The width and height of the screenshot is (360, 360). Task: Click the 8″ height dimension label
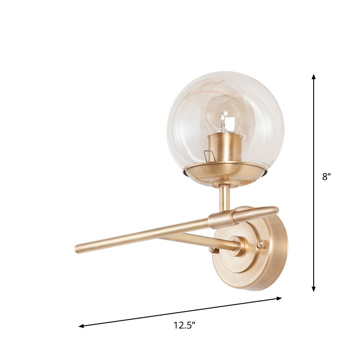pyautogui.click(x=326, y=177)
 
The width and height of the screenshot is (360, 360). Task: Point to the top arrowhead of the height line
pyautogui.click(x=314, y=77)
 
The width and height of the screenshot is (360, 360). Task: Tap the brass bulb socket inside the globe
pyautogui.click(x=226, y=146)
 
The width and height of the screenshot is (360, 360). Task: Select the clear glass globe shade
pyautogui.click(x=252, y=112)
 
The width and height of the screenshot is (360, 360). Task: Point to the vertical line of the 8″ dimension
pyautogui.click(x=314, y=225)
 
